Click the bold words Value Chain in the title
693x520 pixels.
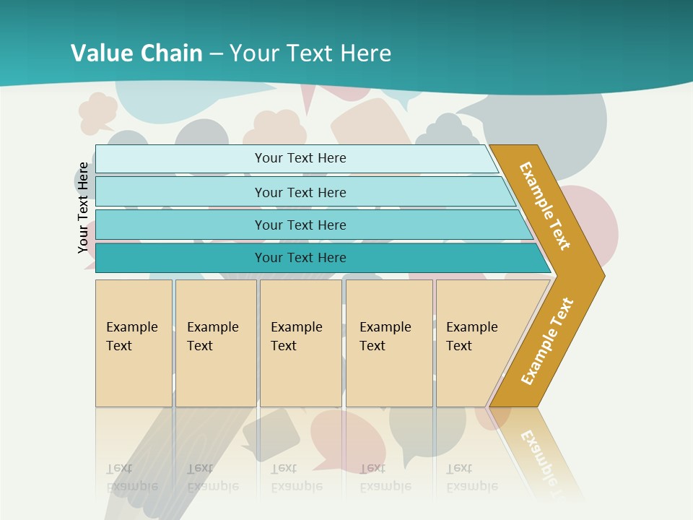136,53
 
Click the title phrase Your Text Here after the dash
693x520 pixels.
310,53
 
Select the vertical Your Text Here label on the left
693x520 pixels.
83,207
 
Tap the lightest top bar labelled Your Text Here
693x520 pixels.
300,158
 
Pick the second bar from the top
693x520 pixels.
300,192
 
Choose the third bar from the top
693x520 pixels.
300,225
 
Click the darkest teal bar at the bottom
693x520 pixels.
300,258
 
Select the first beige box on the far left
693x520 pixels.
134,343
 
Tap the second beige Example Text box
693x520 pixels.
216,343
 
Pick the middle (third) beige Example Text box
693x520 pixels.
300,343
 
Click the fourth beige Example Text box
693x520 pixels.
389,343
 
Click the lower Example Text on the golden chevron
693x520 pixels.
547,342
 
